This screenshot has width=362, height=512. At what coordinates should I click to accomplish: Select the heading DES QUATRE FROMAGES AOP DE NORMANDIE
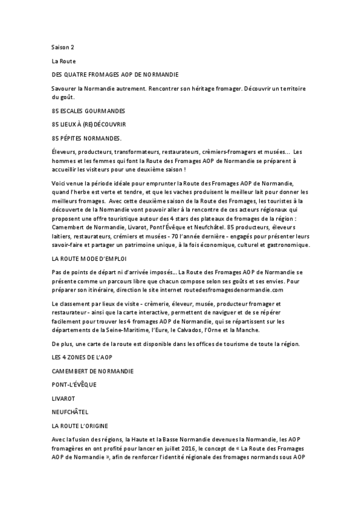115,75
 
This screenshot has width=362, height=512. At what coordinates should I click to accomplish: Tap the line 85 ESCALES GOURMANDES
88,111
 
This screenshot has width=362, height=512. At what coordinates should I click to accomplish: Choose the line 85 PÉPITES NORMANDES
86,138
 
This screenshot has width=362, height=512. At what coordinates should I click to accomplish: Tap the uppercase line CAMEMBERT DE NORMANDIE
93,370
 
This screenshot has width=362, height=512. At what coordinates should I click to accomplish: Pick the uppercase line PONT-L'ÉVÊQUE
74,383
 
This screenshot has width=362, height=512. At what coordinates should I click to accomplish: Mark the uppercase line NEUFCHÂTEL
70,412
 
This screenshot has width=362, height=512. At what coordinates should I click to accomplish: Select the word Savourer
65,88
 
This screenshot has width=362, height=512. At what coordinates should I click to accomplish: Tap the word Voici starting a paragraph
60,182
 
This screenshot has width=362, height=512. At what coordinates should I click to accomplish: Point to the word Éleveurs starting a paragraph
64,151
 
